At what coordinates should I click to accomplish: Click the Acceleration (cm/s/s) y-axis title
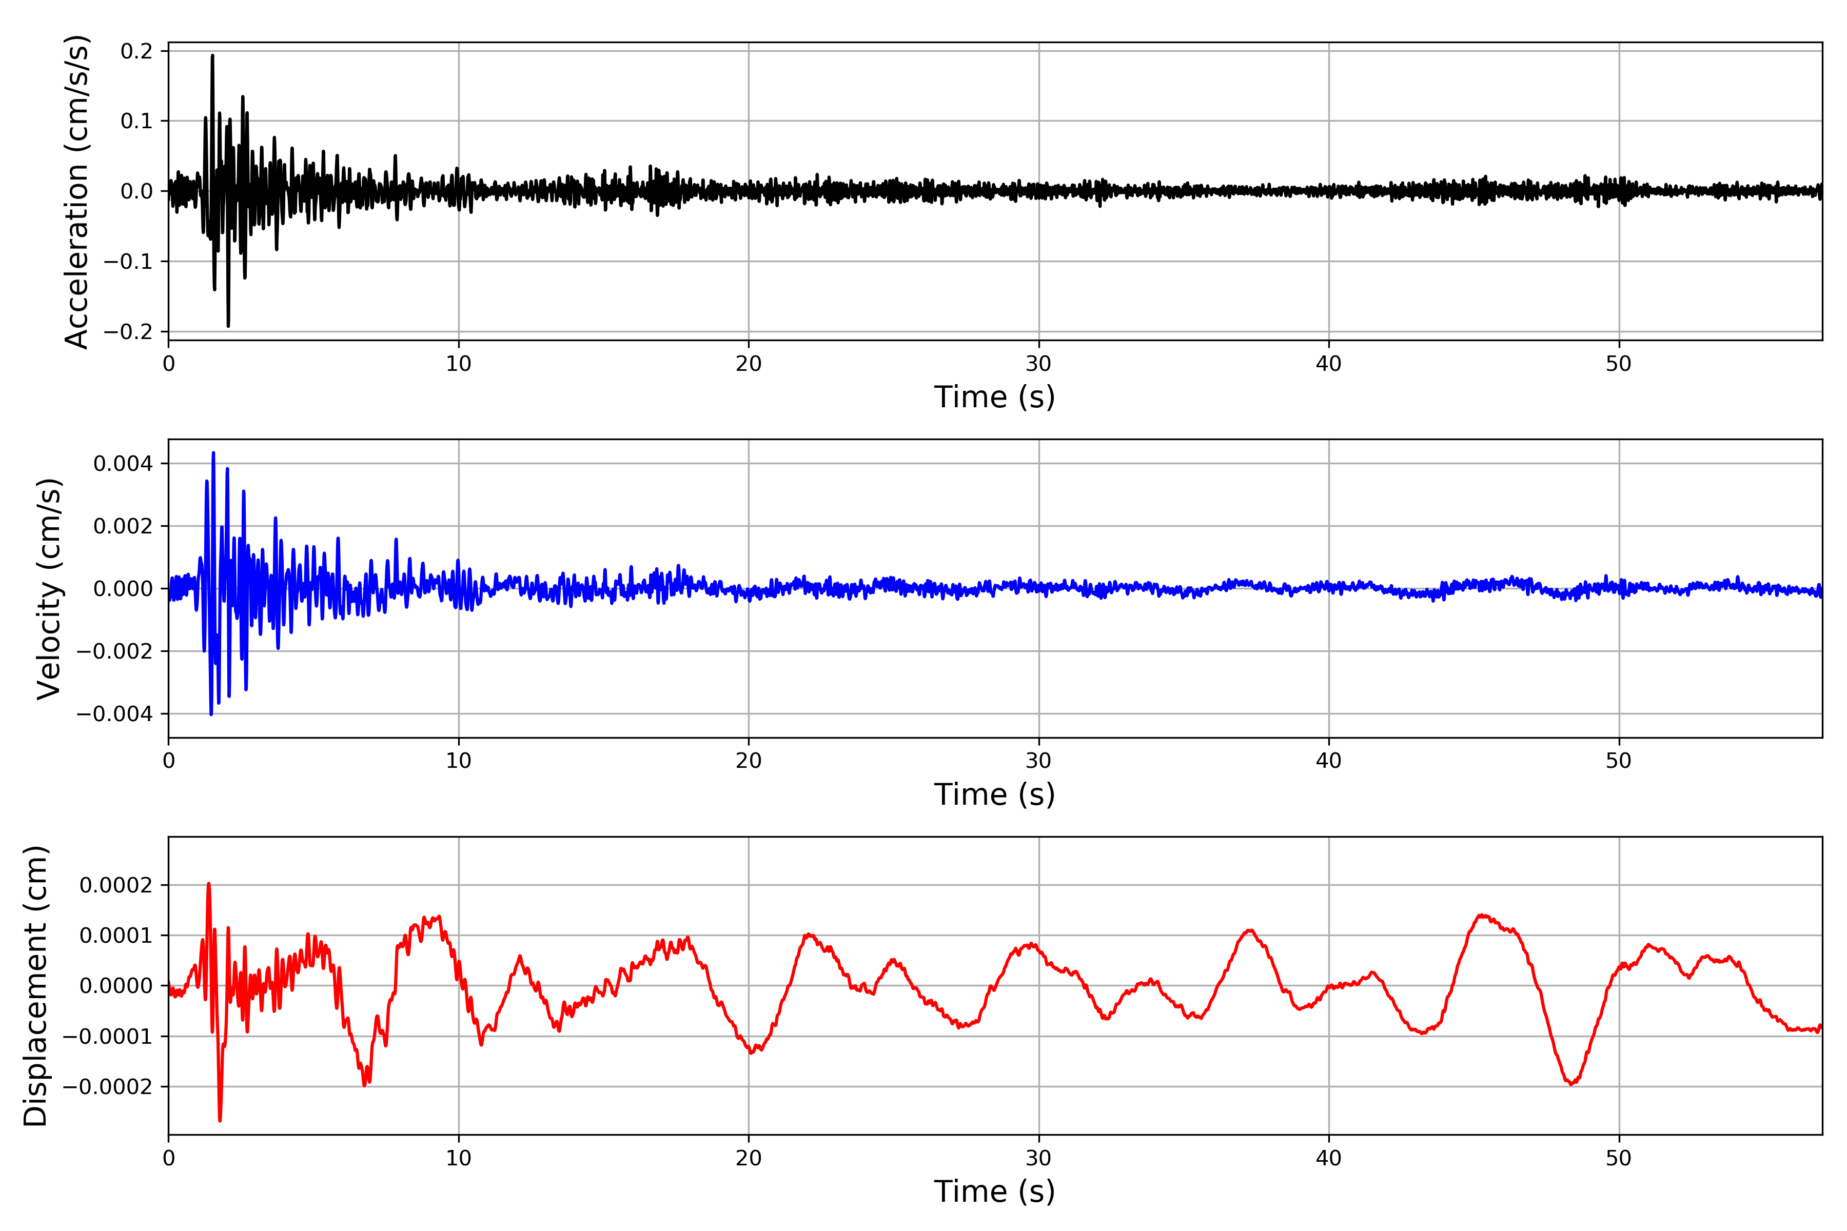77,191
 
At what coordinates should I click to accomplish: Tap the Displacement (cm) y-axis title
35,985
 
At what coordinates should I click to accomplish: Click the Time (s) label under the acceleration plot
994,397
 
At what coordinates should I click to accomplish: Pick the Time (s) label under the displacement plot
994,1192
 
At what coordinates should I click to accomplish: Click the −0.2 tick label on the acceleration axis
128,332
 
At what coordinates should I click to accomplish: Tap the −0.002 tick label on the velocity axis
114,651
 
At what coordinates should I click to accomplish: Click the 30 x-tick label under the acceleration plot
1038,364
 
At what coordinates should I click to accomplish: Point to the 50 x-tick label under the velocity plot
1619,761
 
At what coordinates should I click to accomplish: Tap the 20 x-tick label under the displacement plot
749,1158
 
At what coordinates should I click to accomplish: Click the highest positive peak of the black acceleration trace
212,56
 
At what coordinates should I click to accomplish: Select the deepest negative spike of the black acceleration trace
228,326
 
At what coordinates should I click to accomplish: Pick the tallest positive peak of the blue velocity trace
213,453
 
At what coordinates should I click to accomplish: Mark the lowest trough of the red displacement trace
220,1120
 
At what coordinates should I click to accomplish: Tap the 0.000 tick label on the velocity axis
123,589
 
